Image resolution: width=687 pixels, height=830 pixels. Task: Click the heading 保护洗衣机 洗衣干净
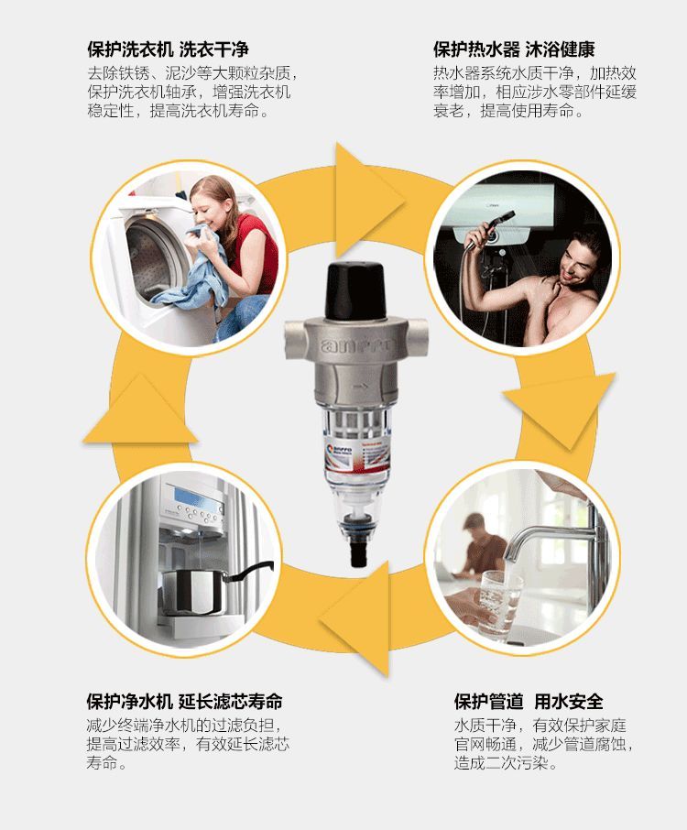coord(168,49)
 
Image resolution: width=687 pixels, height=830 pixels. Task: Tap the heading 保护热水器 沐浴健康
coord(514,49)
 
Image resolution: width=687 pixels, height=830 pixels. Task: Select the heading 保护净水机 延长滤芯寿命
coord(184,702)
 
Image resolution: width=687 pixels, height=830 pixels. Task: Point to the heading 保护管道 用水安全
coord(529,702)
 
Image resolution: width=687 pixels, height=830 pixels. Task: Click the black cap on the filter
coord(354,290)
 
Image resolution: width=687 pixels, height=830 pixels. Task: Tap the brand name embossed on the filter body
coord(358,345)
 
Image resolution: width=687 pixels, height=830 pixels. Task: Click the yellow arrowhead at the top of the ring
coord(366,200)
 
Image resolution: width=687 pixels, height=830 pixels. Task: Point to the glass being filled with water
coord(497,601)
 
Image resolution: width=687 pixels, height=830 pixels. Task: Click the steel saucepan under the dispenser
coord(212,590)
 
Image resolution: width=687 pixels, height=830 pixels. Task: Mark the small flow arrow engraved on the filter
coord(361,387)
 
